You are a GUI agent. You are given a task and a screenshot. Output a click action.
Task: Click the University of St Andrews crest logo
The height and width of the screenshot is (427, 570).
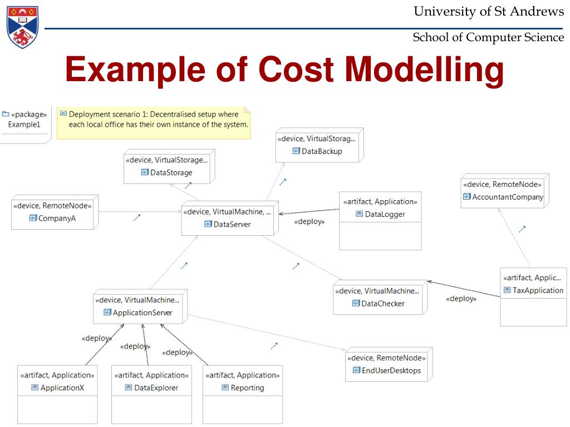pos(22,27)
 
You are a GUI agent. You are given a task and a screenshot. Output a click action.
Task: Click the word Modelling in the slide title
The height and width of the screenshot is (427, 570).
pos(424,69)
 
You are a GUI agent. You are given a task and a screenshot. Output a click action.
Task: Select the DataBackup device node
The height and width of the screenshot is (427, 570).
pos(320,145)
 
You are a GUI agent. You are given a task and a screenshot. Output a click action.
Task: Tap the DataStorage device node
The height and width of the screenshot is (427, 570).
pos(169,166)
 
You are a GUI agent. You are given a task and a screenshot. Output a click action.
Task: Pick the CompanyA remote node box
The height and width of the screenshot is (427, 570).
pos(55,212)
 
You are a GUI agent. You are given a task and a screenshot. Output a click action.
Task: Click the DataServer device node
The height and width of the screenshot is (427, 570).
pos(230,218)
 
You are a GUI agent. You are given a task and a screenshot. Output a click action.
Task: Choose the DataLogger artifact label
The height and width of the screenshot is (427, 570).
pos(385,214)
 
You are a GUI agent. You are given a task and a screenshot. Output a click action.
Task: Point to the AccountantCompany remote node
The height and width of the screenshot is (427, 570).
pos(504,191)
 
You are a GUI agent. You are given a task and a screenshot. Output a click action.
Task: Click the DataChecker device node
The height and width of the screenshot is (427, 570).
pos(380,297)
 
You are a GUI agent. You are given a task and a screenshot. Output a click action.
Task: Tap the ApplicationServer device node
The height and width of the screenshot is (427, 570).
pos(140,306)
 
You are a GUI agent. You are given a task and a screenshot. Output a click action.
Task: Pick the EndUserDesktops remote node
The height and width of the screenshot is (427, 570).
pos(389,364)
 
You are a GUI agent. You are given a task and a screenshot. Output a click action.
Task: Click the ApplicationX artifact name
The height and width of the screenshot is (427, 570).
pos(62,388)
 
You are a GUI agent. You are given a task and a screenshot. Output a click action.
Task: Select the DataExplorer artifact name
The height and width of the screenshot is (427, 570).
pos(156,388)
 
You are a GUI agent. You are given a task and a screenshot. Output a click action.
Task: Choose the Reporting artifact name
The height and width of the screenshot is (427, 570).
pos(247,388)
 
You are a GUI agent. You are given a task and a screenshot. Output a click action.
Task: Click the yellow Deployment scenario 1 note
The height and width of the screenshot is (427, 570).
pos(154,123)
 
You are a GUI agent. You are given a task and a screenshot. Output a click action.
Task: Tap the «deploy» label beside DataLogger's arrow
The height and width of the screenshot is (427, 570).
pos(309,221)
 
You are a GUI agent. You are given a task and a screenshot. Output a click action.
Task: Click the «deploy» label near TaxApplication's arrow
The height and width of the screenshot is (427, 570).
pos(461,299)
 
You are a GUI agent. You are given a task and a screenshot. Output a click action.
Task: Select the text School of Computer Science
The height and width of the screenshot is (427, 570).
pos(488,37)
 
